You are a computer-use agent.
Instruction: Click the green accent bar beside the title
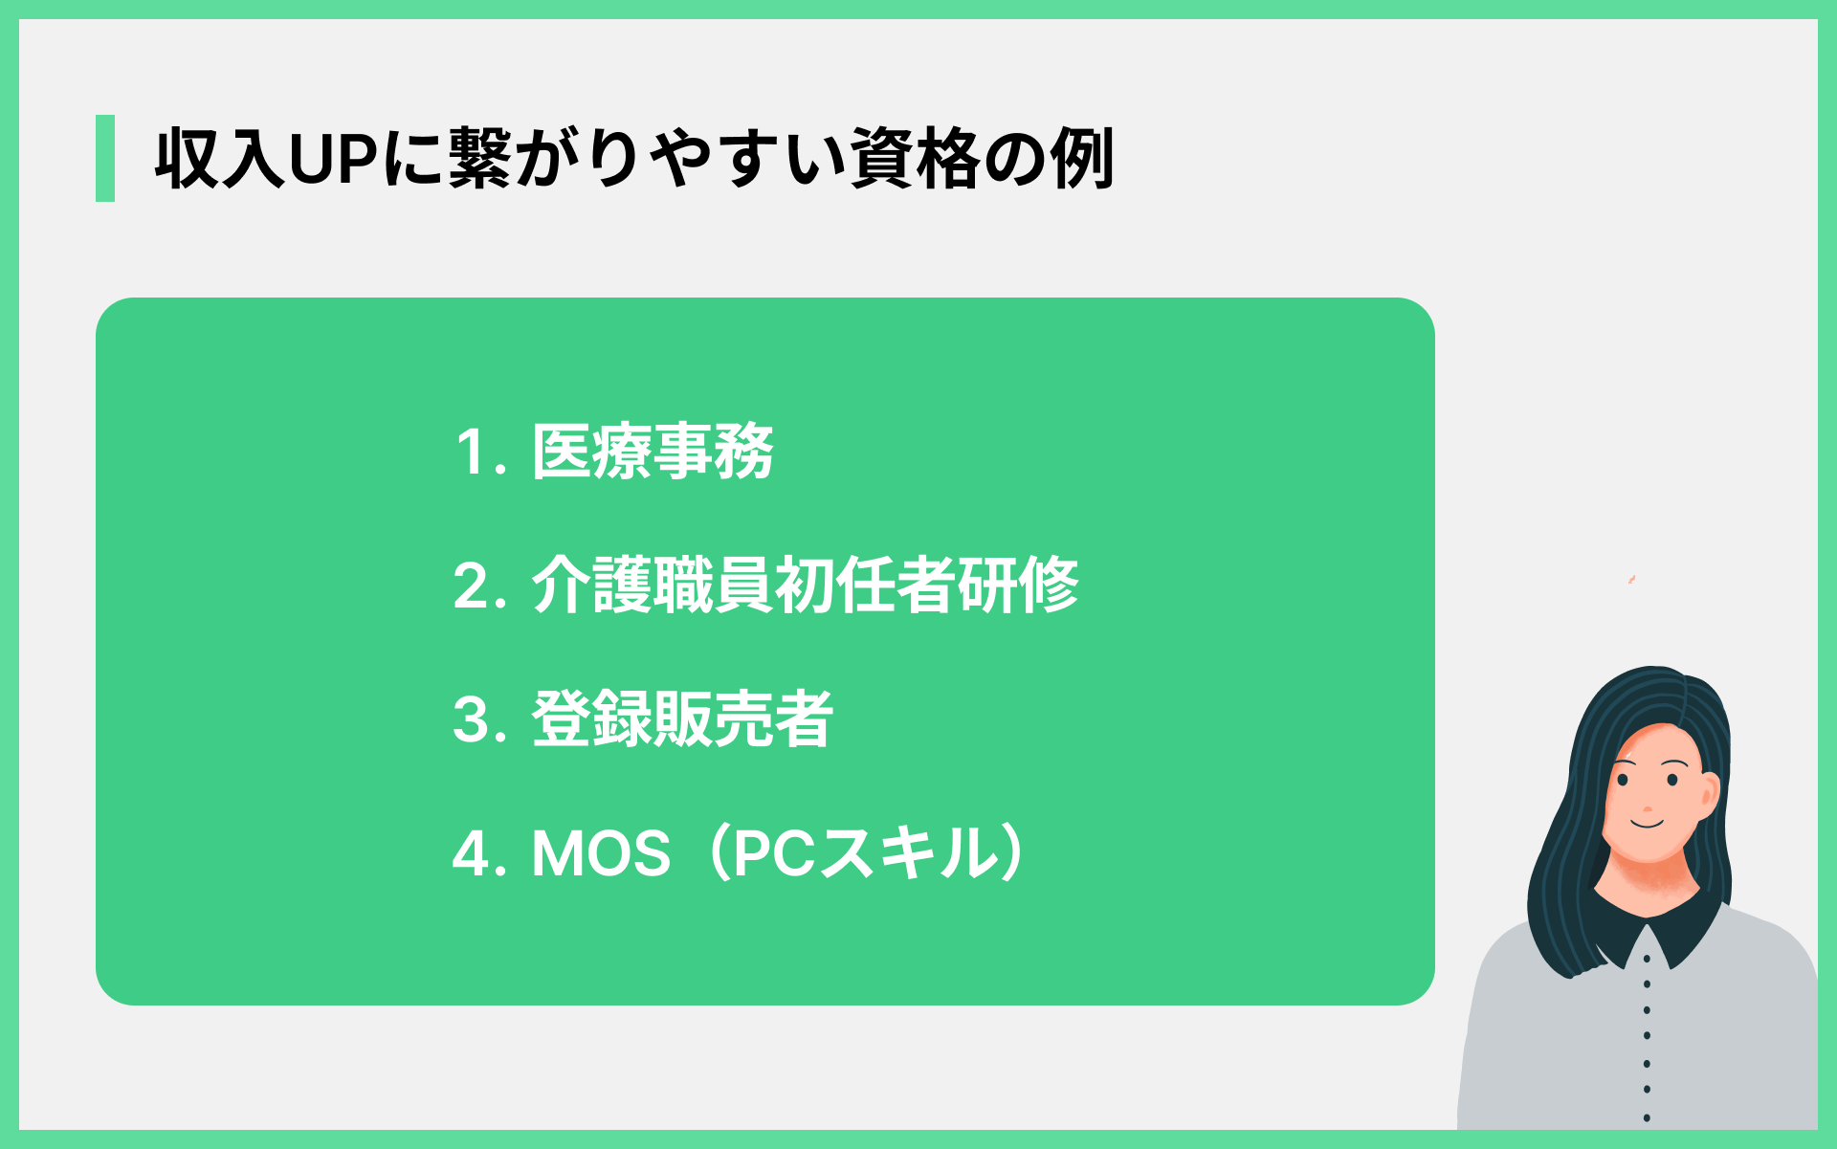click(x=105, y=158)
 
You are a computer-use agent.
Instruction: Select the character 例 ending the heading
click(x=1082, y=159)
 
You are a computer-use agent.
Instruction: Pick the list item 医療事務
click(x=653, y=452)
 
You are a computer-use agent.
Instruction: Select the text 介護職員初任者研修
click(x=805, y=585)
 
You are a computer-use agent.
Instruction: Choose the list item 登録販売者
click(x=682, y=718)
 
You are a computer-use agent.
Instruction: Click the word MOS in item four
click(x=601, y=853)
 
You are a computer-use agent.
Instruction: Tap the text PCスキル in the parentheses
click(x=867, y=853)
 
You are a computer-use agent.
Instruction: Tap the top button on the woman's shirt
click(x=1647, y=958)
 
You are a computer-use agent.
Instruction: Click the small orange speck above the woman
click(x=1631, y=580)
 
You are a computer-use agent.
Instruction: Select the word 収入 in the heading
click(x=219, y=159)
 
